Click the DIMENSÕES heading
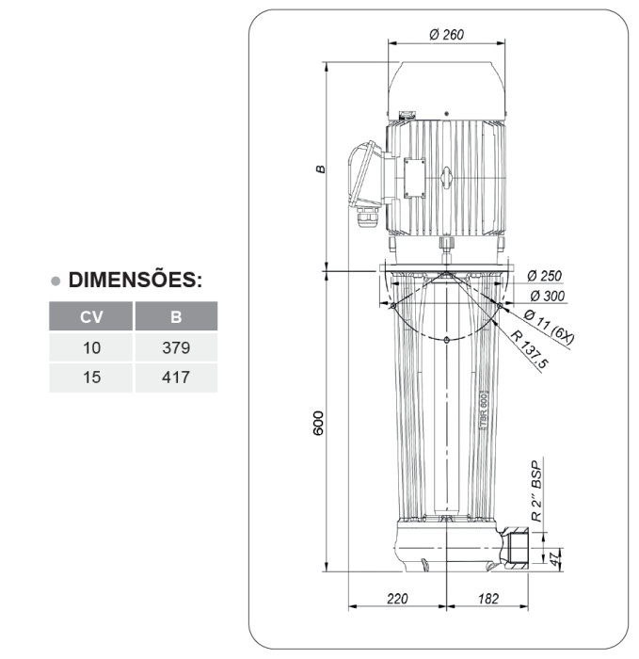136,280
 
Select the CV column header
91,316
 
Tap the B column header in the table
176,316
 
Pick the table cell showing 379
176,347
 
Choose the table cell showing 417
176,378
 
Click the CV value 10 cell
91,347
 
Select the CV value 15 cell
91,378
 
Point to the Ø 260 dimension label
446,34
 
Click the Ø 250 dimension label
544,276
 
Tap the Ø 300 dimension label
548,296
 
